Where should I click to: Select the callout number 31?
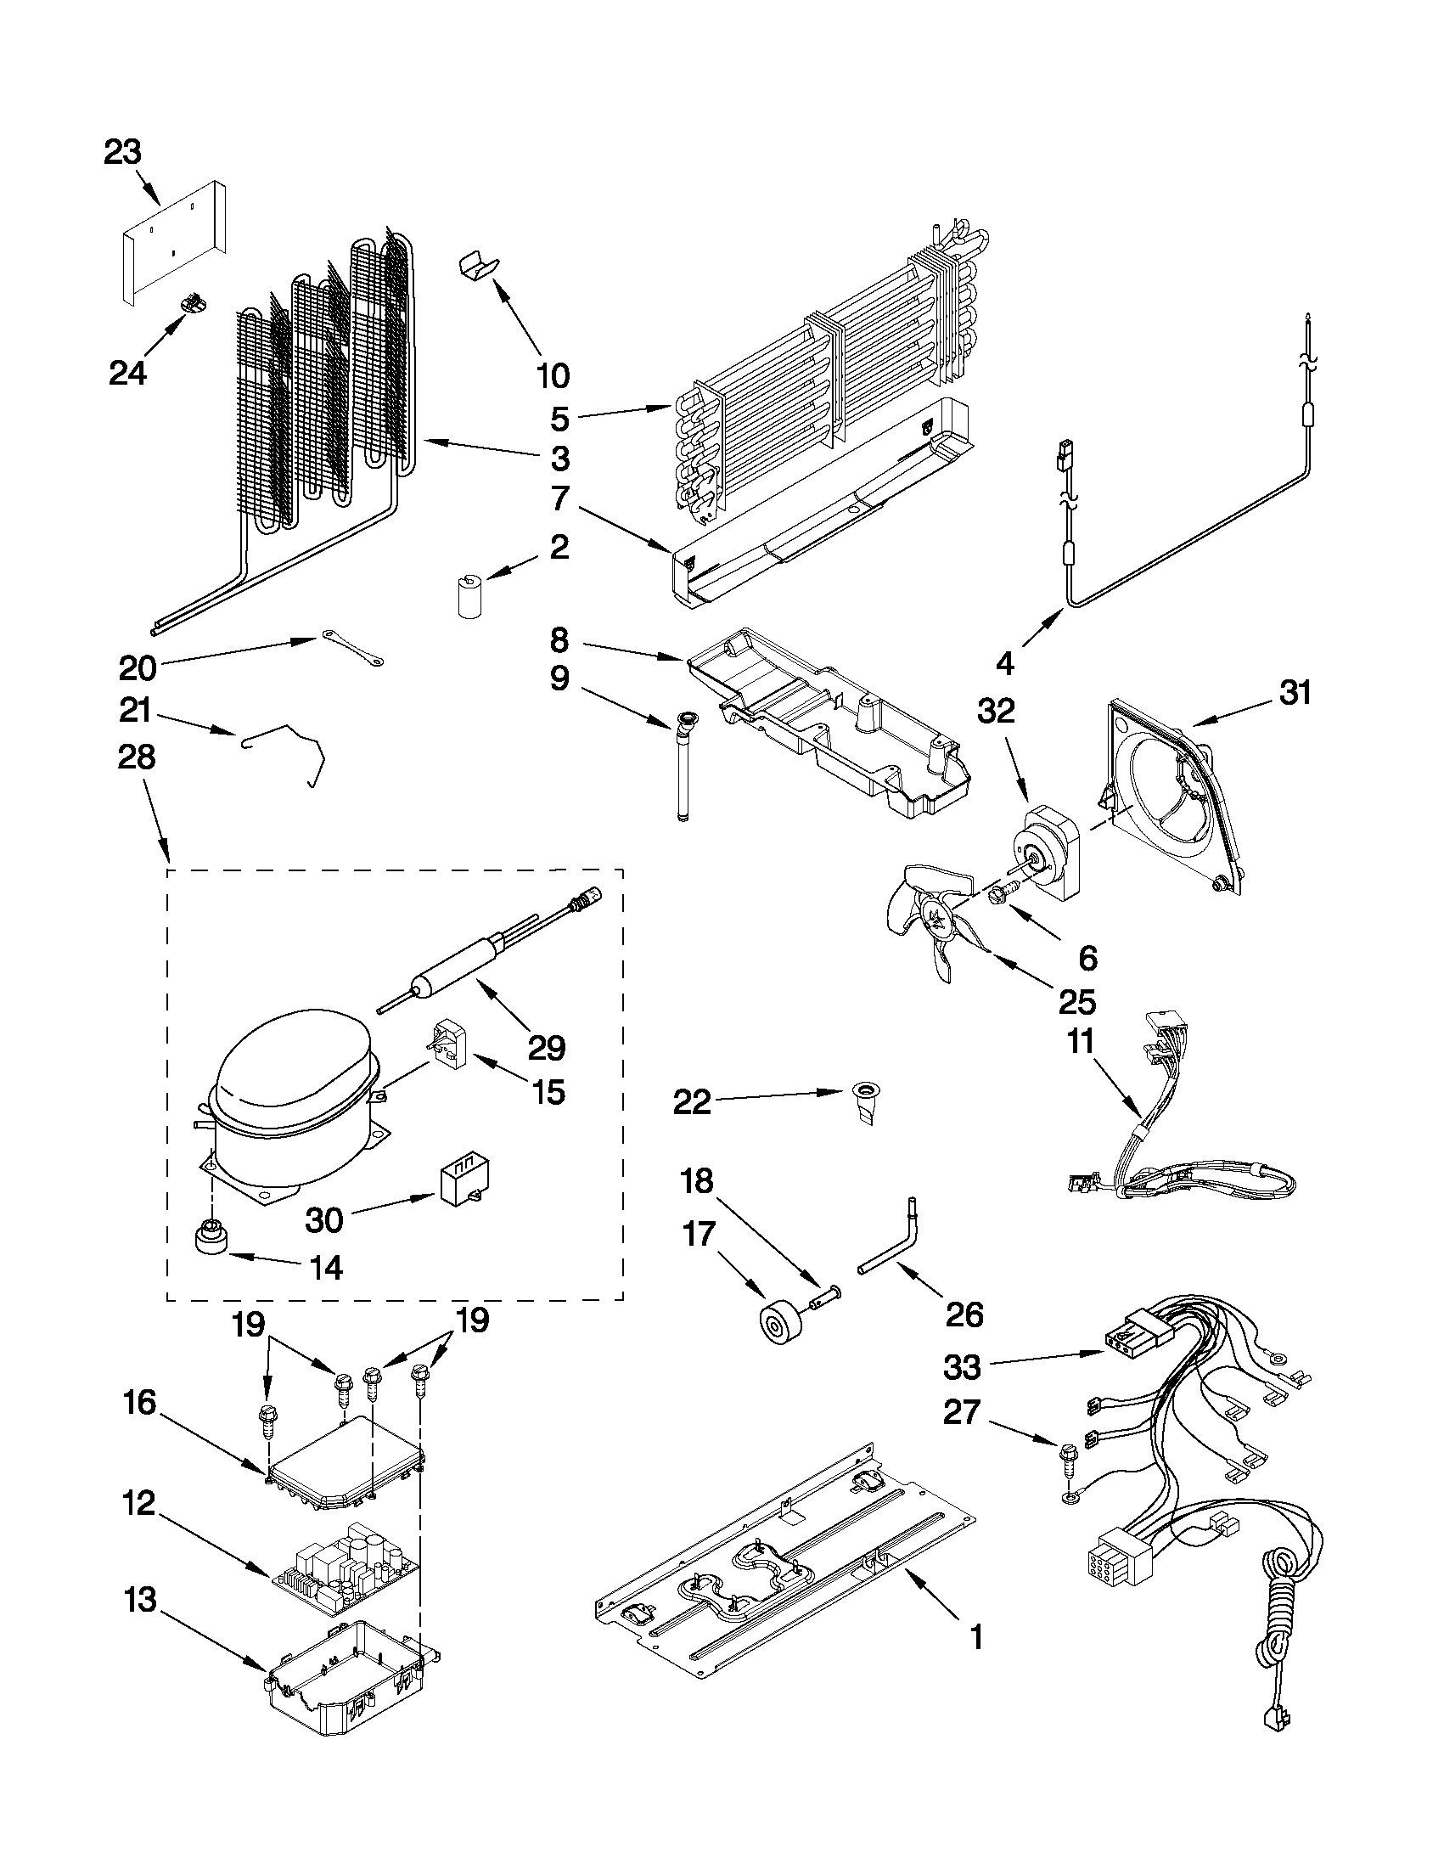[x=1295, y=692]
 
